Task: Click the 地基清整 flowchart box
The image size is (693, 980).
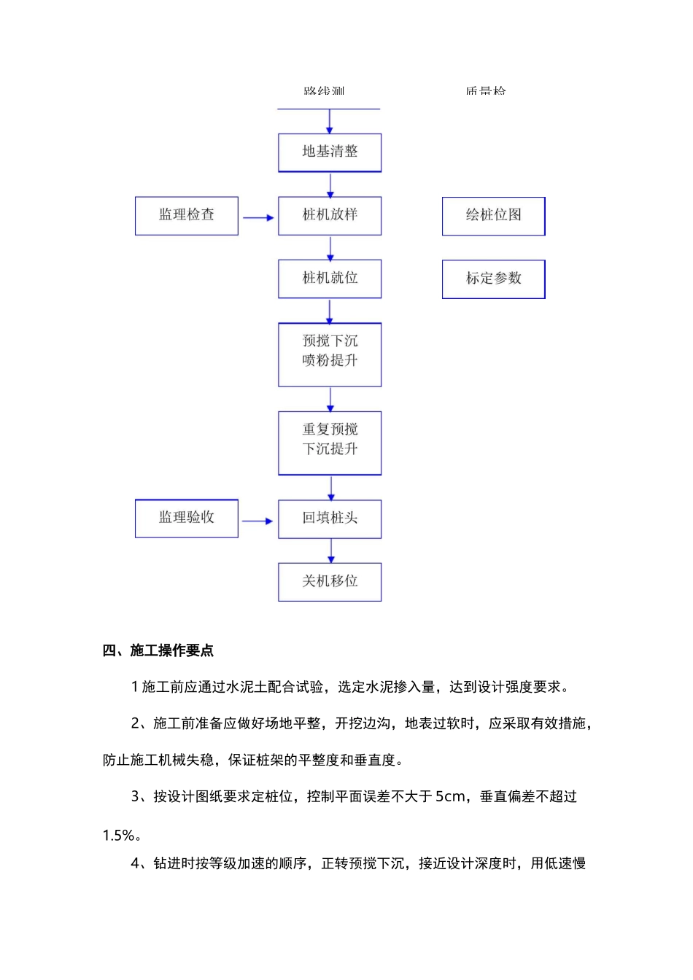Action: click(330, 152)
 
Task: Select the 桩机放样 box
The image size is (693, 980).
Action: click(330, 216)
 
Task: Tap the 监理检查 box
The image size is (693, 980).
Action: click(187, 216)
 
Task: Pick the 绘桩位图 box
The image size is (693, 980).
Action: click(494, 216)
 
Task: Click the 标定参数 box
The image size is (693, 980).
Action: click(494, 279)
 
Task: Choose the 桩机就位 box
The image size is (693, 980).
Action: click(330, 279)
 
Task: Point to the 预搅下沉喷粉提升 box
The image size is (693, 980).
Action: click(330, 354)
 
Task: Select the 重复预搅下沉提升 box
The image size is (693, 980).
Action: click(330, 443)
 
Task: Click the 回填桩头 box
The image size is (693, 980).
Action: click(330, 519)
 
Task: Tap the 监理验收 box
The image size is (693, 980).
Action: click(187, 518)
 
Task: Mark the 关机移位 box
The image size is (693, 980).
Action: click(330, 582)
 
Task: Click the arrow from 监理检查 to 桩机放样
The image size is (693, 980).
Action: click(258, 218)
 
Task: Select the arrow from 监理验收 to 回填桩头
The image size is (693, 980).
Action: click(258, 521)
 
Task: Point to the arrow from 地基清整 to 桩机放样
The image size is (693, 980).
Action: click(330, 184)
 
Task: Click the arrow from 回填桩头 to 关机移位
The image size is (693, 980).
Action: click(331, 551)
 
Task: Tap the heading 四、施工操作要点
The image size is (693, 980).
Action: click(158, 650)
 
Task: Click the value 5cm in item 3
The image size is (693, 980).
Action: click(449, 797)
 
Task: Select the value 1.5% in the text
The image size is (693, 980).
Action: click(119, 836)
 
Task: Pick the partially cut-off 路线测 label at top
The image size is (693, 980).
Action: click(324, 91)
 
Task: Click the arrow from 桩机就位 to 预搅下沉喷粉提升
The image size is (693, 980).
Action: click(330, 311)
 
